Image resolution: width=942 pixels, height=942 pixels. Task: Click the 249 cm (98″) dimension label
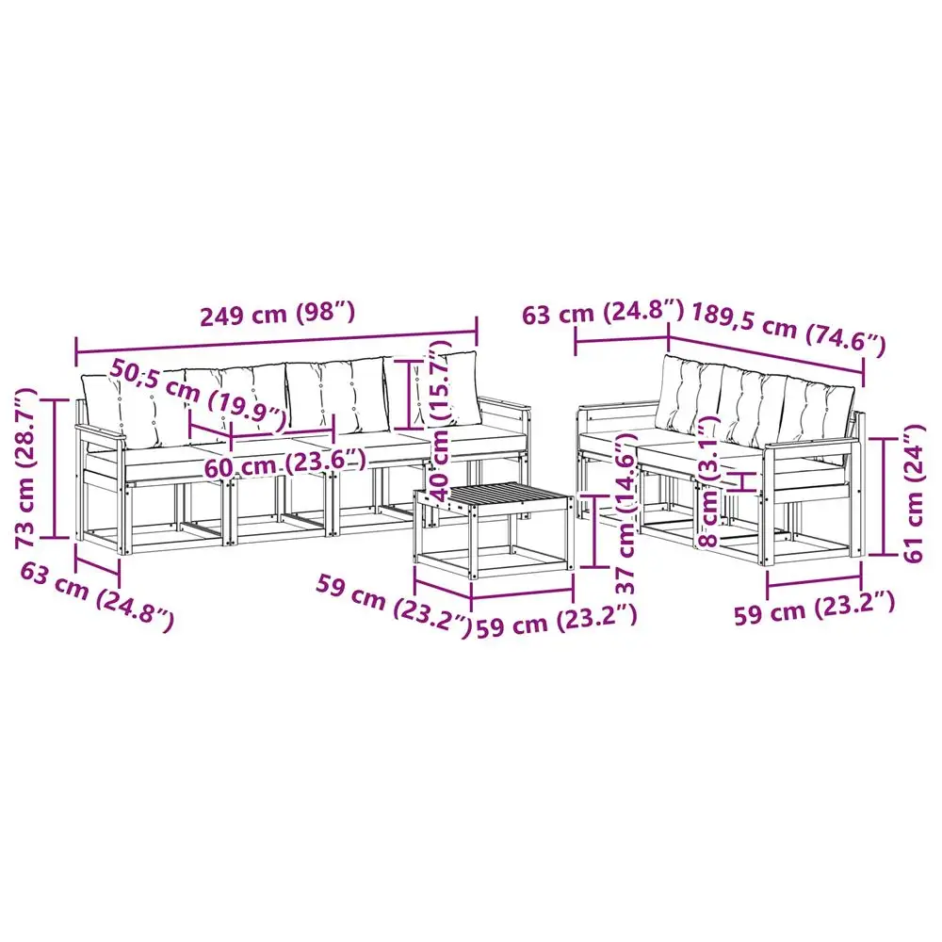(278, 315)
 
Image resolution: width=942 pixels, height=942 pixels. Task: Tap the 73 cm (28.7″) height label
(27, 468)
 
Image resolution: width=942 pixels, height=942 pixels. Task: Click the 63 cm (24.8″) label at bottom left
(97, 597)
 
